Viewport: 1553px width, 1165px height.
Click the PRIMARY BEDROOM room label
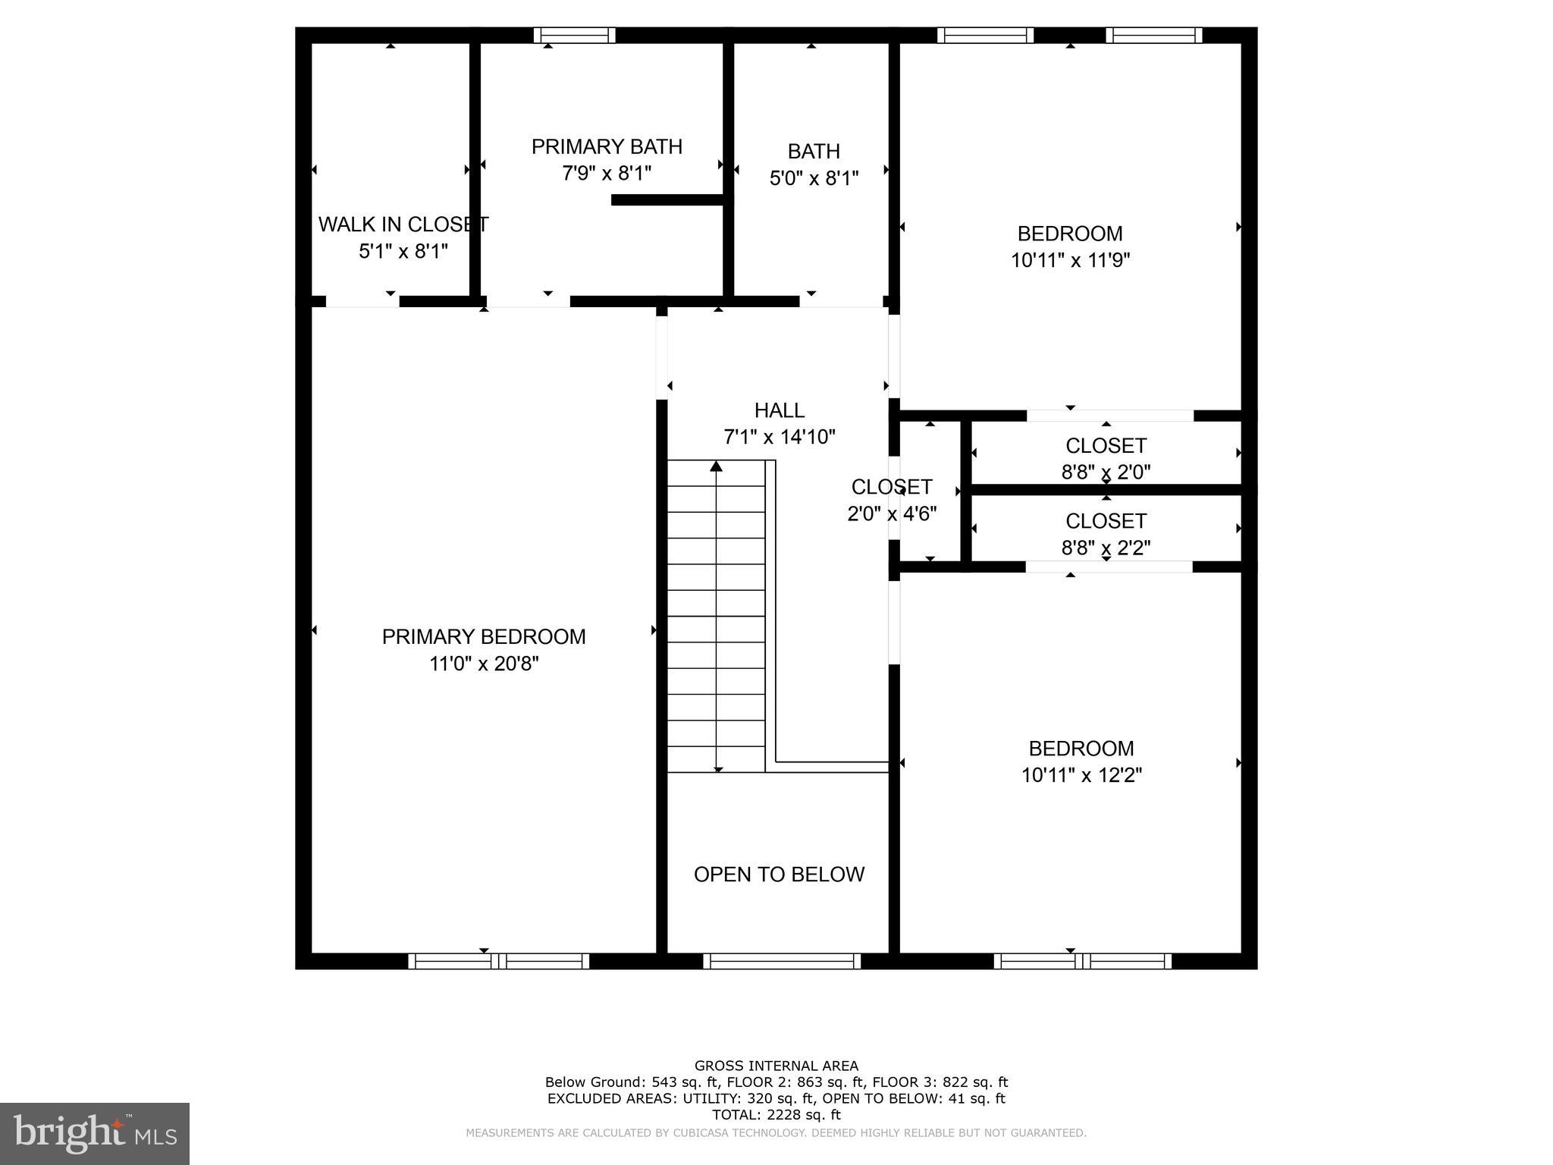(x=484, y=636)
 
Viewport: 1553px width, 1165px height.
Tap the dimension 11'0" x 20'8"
(x=484, y=664)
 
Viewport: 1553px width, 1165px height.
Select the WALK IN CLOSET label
(x=403, y=225)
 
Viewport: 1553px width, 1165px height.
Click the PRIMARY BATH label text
(x=607, y=146)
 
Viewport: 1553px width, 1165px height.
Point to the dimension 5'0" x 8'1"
(x=814, y=178)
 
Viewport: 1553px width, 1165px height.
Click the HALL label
(x=779, y=410)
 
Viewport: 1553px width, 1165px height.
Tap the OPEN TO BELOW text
(x=779, y=875)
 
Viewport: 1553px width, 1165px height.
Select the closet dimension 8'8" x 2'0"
(x=1106, y=472)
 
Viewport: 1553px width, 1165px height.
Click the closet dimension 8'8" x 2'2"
(x=1106, y=548)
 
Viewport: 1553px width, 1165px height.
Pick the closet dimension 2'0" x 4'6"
(x=892, y=513)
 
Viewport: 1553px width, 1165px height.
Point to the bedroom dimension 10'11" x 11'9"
(x=1070, y=260)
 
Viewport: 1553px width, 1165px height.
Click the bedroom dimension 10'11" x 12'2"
(x=1081, y=775)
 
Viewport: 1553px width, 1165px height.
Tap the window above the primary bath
(x=574, y=35)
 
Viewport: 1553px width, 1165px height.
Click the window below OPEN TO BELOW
(x=782, y=961)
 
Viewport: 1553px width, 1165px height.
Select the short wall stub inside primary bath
(x=667, y=200)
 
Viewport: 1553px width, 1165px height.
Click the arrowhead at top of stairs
(x=716, y=466)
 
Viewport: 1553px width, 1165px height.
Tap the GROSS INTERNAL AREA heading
(x=776, y=1066)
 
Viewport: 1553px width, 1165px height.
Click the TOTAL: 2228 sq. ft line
(x=776, y=1114)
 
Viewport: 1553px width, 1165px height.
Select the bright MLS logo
(x=95, y=1133)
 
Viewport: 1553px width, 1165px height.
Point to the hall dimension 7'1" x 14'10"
(x=779, y=437)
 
